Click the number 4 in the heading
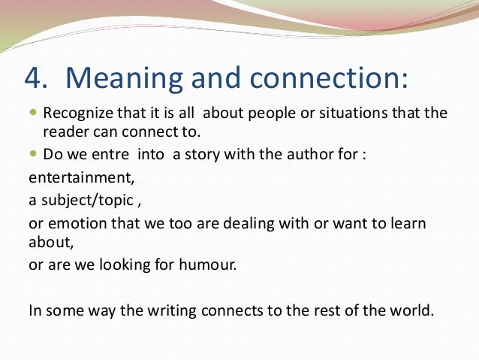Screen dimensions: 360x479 pyautogui.click(x=34, y=78)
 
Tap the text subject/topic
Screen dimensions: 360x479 pyautogui.click(x=83, y=202)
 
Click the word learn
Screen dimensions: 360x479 pyautogui.click(x=404, y=224)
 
